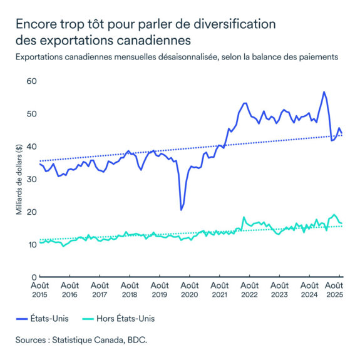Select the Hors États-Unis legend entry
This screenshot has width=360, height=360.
click(126, 319)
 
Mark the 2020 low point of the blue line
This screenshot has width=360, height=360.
click(181, 210)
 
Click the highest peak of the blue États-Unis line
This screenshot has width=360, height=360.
click(324, 92)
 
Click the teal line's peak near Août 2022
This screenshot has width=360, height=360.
click(244, 217)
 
